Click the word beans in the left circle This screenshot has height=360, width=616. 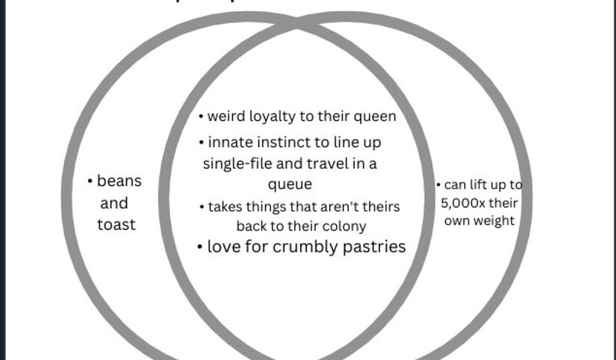point(119,181)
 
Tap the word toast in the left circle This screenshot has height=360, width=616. point(116,223)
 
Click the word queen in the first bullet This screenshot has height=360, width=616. point(374,117)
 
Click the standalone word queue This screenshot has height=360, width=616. point(290,184)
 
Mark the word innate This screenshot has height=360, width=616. point(229,142)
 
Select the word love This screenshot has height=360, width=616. point(223,246)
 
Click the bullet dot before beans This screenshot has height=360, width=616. point(90,181)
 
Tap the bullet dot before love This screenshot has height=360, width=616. point(200,247)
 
